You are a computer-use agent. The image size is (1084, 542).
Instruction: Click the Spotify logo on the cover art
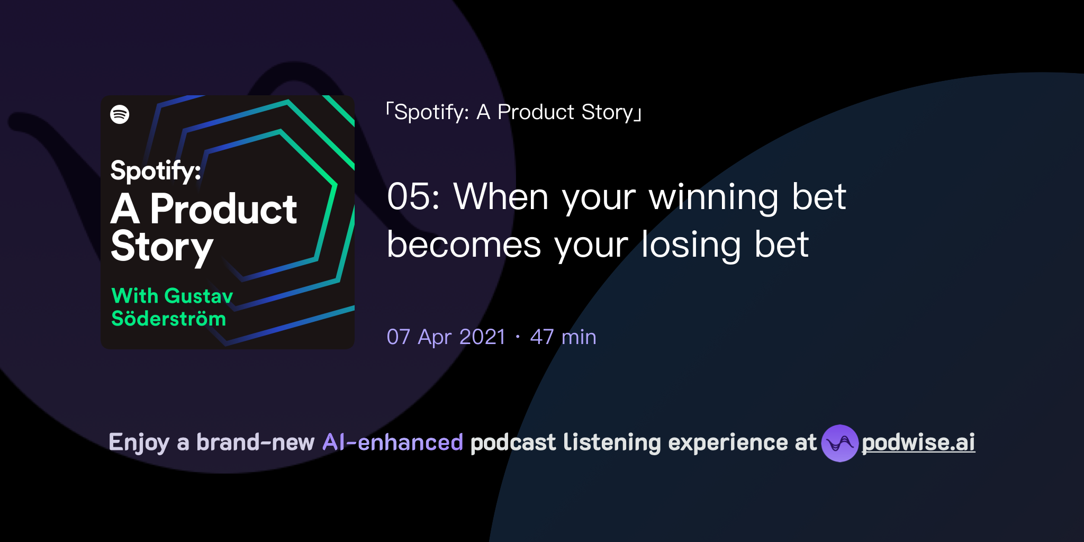pyautogui.click(x=120, y=114)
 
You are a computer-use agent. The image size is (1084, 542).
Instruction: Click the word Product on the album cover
pyautogui.click(x=223, y=210)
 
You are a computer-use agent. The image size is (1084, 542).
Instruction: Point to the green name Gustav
pyautogui.click(x=199, y=296)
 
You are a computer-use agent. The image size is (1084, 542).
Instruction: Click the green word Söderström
pyautogui.click(x=168, y=319)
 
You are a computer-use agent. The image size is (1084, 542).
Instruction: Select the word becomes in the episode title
pyautogui.click(x=464, y=245)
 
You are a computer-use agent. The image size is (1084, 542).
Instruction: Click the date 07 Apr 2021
pyautogui.click(x=446, y=337)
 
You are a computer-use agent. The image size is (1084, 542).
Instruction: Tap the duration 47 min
pyautogui.click(x=563, y=337)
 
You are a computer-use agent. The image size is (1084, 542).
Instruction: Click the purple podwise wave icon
pyautogui.click(x=839, y=443)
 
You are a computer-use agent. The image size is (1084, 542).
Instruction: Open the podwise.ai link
pyautogui.click(x=918, y=443)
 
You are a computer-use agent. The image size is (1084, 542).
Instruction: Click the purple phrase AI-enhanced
pyautogui.click(x=393, y=442)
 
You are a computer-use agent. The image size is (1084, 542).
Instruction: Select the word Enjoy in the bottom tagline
pyautogui.click(x=139, y=443)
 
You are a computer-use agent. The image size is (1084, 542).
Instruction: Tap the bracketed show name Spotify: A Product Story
pyautogui.click(x=513, y=112)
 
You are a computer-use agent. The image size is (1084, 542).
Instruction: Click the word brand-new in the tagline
pyautogui.click(x=255, y=442)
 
